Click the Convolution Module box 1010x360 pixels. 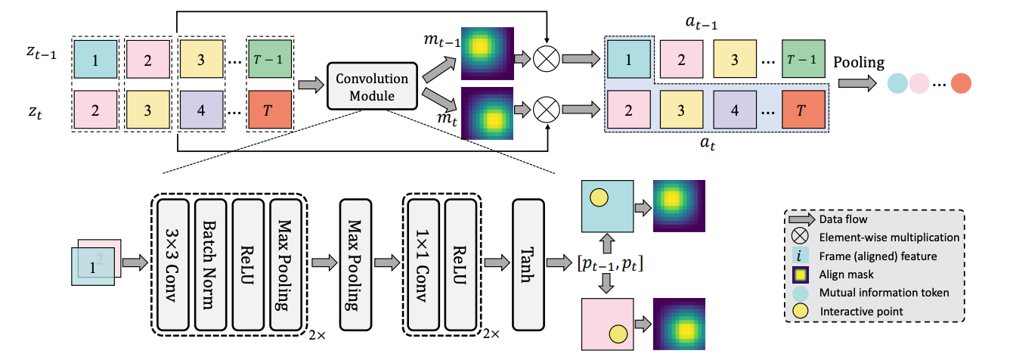click(x=371, y=87)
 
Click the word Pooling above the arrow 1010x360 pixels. click(x=858, y=62)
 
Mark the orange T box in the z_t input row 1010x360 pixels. click(x=268, y=110)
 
